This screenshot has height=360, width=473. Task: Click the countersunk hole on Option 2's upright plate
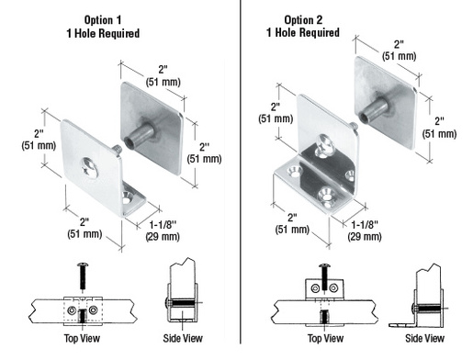pyautogui.click(x=323, y=142)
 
